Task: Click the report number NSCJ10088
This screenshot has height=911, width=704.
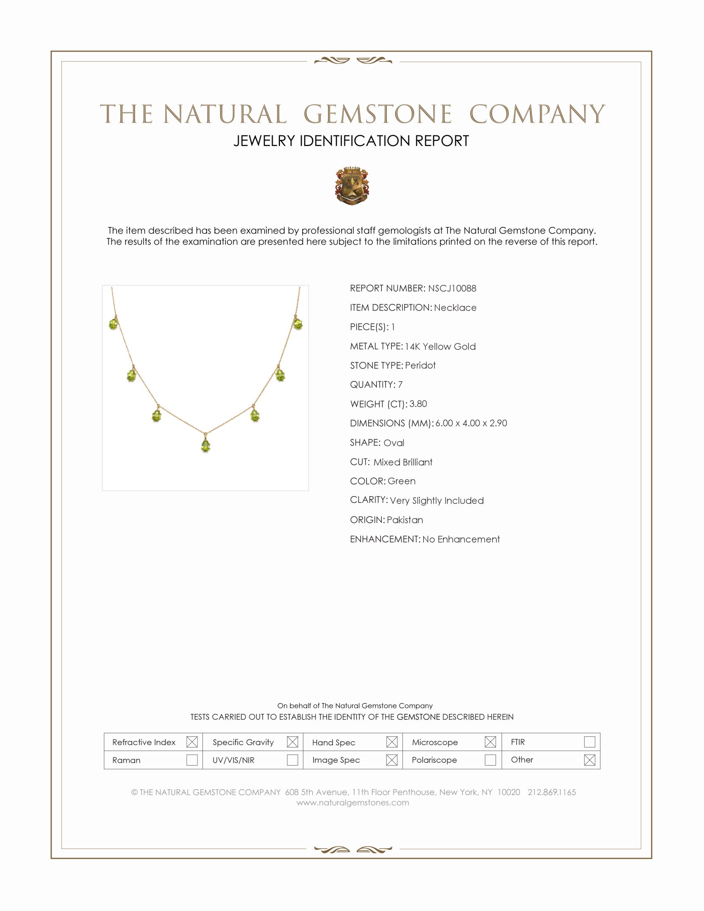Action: [452, 288]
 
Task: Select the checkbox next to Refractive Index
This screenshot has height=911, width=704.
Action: [192, 742]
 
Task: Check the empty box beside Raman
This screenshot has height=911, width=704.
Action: [192, 760]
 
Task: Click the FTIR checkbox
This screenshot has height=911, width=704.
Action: [589, 742]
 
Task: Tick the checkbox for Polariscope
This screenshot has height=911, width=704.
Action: [490, 760]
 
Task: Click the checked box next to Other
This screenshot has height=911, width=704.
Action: [589, 760]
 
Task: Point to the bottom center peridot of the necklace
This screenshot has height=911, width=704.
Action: [205, 446]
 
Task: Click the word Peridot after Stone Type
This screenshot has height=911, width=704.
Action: [420, 365]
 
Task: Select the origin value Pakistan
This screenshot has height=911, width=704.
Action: [405, 520]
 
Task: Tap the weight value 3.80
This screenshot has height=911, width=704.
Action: [418, 404]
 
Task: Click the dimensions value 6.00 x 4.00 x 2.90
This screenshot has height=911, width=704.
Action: [471, 423]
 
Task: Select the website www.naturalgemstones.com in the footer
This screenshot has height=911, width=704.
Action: [352, 803]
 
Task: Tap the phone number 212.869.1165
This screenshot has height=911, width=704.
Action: [551, 792]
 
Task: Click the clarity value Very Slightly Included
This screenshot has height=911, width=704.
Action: [436, 501]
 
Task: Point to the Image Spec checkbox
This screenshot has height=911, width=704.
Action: [392, 760]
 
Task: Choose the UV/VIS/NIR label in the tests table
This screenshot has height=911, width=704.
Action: [233, 760]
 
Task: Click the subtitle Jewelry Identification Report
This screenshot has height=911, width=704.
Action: [351, 141]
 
